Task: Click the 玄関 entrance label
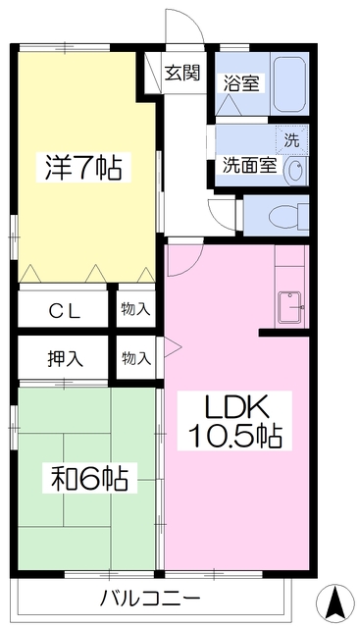click(182, 73)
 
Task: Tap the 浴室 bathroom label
click(241, 82)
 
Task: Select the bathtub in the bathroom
click(289, 83)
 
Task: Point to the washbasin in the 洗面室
click(296, 171)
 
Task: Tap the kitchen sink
click(290, 307)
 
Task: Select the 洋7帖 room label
click(83, 168)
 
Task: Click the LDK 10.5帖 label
click(234, 421)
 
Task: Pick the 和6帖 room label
click(89, 478)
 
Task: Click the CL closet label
click(65, 311)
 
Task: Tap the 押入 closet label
click(66, 358)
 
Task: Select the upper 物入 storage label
click(136, 309)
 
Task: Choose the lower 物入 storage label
click(136, 358)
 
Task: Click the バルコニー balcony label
click(149, 599)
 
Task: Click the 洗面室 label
click(250, 165)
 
